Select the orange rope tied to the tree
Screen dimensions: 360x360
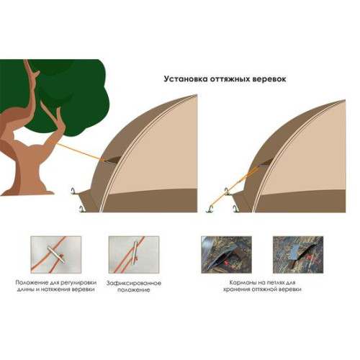[x=77, y=151]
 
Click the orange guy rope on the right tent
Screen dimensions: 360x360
[x=233, y=188]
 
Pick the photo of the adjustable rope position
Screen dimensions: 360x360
[x=56, y=255]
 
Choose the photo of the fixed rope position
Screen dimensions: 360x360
[x=134, y=255]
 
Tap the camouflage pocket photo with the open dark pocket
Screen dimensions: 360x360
[x=226, y=255]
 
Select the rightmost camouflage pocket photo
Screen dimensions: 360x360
[x=298, y=255]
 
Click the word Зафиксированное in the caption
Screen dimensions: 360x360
[x=134, y=283]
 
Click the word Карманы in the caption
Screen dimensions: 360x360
[x=241, y=282]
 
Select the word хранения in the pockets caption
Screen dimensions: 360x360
[x=237, y=289]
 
